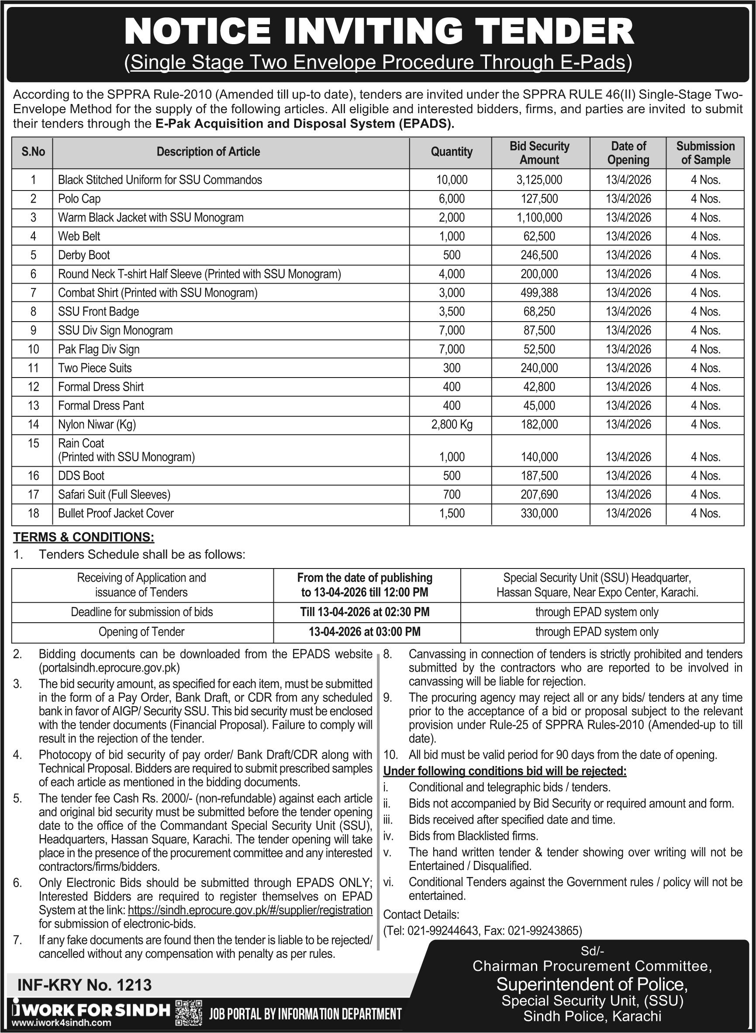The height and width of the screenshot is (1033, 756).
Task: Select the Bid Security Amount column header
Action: (x=539, y=153)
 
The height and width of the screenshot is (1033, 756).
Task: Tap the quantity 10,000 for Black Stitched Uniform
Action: (x=452, y=180)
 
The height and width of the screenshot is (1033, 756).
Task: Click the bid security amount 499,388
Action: (x=539, y=293)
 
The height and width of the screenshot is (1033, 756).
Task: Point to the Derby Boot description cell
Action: (x=84, y=255)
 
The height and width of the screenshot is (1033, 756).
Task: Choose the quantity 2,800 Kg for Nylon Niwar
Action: (x=452, y=424)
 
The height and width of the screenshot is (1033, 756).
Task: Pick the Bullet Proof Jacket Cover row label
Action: (x=116, y=513)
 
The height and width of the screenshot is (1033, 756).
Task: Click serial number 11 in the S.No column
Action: (x=33, y=368)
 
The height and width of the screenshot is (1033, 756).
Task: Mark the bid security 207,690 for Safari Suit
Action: (x=539, y=495)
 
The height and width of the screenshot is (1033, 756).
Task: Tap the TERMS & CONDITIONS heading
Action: (x=84, y=537)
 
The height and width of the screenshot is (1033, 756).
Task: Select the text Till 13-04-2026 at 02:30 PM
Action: (x=365, y=612)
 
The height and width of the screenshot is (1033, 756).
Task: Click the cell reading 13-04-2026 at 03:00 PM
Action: (x=365, y=632)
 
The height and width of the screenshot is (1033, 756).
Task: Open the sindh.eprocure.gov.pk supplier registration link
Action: (x=250, y=910)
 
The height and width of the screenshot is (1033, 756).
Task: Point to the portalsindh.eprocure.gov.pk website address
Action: (x=109, y=668)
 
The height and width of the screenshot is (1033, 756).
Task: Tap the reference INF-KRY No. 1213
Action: (x=84, y=984)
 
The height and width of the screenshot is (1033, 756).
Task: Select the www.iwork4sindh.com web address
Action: (x=62, y=1023)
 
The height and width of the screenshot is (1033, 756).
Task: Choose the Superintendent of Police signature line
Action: (x=592, y=984)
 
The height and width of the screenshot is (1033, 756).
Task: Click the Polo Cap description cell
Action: (x=79, y=199)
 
